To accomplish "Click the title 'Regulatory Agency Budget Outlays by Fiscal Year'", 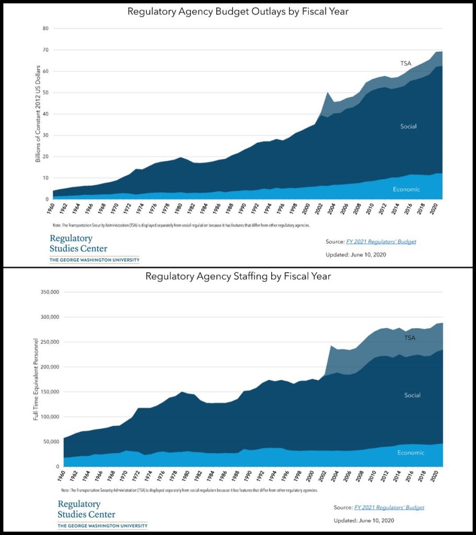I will click(237, 11).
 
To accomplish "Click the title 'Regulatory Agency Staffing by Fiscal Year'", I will click(238, 276).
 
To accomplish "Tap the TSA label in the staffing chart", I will click(410, 338).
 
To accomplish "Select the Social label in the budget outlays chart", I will click(408, 126).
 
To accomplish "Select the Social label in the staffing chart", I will click(412, 396).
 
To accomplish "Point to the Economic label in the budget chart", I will click(406, 189).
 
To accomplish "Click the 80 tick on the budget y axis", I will click(45, 29).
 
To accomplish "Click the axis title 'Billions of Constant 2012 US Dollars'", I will click(38, 114).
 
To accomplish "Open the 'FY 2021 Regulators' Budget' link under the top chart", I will click(381, 242).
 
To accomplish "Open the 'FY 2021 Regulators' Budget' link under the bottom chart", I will click(389, 507).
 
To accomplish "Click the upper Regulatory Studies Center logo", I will click(94, 248).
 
